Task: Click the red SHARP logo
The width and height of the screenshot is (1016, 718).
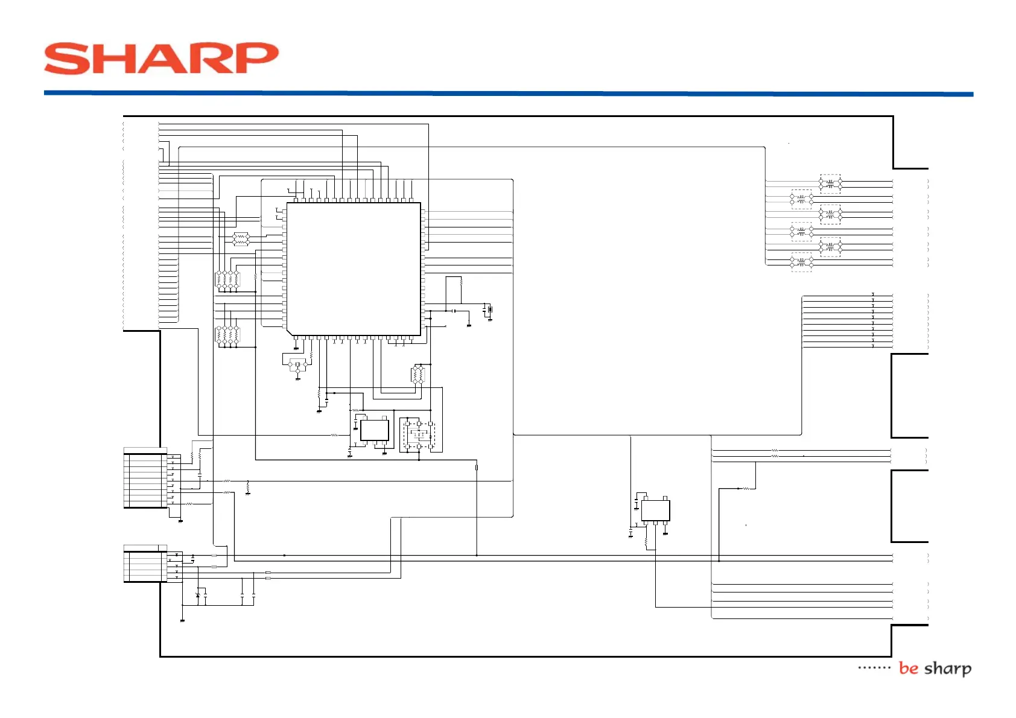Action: tap(161, 59)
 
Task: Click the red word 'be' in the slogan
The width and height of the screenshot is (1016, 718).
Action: tap(908, 669)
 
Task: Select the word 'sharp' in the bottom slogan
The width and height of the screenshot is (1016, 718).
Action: tap(948, 669)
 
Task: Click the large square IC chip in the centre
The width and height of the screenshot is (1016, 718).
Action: tap(354, 268)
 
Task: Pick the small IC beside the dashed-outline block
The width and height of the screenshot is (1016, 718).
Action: tap(374, 430)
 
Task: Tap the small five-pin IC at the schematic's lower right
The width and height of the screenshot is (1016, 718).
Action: tap(655, 510)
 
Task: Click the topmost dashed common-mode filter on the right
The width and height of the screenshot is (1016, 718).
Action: tap(830, 183)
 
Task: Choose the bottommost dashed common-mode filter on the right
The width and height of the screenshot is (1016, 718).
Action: tap(801, 262)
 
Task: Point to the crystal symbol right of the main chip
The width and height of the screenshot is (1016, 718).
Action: tap(490, 310)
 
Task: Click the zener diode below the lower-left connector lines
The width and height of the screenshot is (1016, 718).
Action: tap(198, 596)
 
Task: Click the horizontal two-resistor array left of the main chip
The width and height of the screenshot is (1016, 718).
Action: tap(241, 239)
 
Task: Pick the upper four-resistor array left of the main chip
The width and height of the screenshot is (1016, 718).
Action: tap(227, 279)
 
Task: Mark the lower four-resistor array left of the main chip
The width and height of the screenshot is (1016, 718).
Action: tap(227, 335)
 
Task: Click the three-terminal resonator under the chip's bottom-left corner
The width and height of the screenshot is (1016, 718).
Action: tap(297, 365)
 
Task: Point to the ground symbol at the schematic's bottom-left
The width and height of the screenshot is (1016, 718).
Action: tap(182, 620)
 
